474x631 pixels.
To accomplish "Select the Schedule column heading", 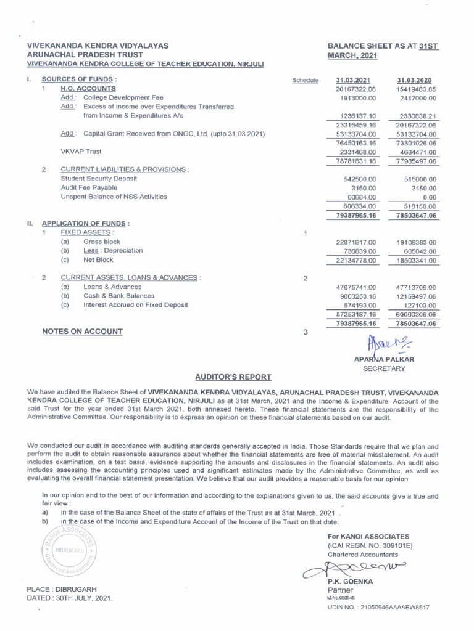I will point(305,81).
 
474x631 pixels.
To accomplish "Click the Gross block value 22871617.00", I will point(351,243).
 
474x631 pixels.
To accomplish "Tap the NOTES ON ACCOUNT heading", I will point(82,332).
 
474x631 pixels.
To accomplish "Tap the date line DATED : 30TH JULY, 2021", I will point(70,598).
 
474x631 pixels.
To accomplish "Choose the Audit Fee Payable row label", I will point(89,187).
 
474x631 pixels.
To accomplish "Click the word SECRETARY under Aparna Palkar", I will point(383,368).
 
